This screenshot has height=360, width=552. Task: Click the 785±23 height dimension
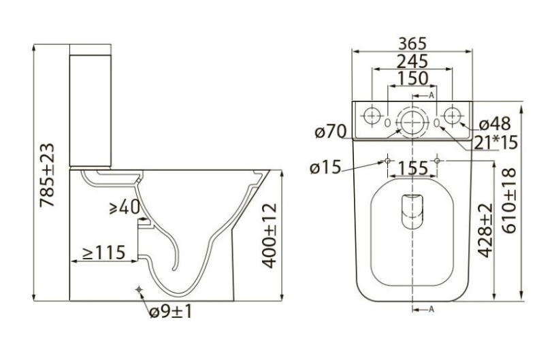click(47, 174)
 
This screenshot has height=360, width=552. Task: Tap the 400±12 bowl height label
click(270, 235)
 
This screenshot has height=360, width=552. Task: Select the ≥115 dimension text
click(104, 252)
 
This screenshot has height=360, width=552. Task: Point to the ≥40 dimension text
click(125, 207)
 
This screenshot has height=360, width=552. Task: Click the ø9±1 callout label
click(171, 312)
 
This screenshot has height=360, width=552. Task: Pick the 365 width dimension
click(412, 44)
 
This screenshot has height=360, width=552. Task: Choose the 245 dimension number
click(412, 61)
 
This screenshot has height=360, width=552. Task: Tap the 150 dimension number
click(412, 78)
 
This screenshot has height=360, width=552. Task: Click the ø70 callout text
click(331, 131)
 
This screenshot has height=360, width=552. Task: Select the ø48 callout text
click(495, 124)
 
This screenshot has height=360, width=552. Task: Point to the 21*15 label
click(496, 142)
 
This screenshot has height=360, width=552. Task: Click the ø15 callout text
click(325, 167)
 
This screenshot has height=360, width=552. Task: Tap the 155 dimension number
click(413, 168)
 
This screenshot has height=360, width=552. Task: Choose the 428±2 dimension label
click(486, 231)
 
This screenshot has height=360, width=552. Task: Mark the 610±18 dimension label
click(509, 201)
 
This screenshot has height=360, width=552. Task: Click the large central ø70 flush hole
click(412, 122)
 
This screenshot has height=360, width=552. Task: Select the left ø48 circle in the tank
click(372, 116)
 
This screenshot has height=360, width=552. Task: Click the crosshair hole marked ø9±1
click(139, 289)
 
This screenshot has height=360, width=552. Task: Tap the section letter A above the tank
click(432, 95)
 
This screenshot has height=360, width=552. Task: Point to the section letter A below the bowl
click(432, 310)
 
